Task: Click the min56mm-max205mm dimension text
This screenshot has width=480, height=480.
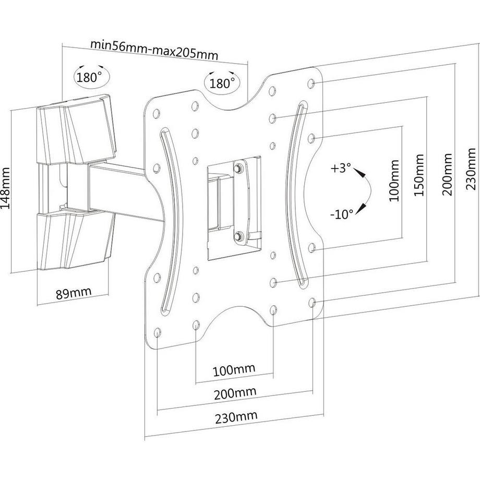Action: coord(154,50)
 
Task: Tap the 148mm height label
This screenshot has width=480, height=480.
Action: coord(6,188)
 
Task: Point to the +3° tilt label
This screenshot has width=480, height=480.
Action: coord(340,169)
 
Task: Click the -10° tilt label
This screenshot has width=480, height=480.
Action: coord(342,214)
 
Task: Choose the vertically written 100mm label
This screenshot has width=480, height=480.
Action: coord(394,181)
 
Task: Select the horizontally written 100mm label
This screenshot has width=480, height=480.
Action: coord(234,370)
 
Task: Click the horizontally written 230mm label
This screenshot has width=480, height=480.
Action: coord(236,417)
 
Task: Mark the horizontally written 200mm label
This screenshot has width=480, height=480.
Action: coord(235,393)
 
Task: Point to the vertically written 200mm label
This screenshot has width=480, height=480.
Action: coord(447,174)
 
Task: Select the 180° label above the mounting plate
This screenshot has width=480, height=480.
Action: coord(222,83)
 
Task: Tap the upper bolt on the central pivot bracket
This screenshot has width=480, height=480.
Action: coord(238,168)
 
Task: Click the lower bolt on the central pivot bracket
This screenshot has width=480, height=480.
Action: coord(238,236)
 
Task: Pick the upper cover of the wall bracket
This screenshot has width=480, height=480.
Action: coord(77,130)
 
